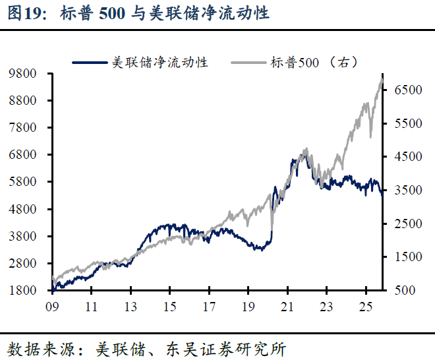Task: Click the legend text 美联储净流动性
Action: tap(159, 62)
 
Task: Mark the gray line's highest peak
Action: tap(382, 78)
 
